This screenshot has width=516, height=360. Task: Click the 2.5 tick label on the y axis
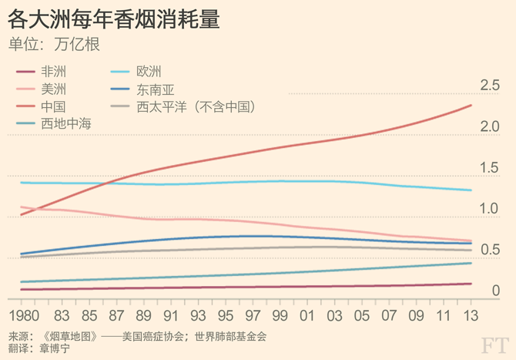pos(490,86)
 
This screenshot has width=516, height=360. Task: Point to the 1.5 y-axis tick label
pos(490,168)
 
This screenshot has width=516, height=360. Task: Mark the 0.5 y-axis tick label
pos(490,250)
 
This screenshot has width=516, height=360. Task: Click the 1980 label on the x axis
pos(25,315)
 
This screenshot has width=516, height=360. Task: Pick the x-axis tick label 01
pos(309,315)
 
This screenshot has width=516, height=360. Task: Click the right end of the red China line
pos(471,106)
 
